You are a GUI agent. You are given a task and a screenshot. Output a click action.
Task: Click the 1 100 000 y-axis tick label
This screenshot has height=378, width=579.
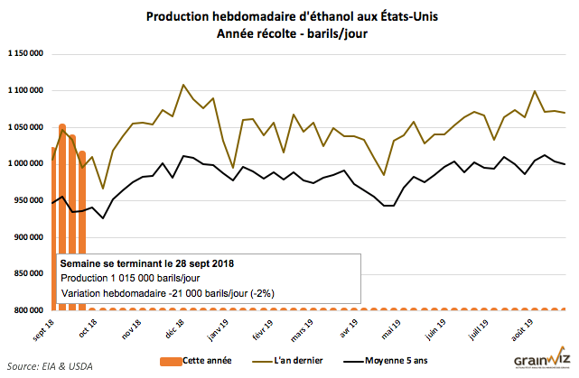(x=25, y=91)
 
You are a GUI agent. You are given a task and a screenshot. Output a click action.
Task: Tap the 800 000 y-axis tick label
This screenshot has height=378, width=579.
(x=29, y=310)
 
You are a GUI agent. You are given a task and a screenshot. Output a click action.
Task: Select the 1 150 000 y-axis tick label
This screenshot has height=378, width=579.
(x=25, y=54)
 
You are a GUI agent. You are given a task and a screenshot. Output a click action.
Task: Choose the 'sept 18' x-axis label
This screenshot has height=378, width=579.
(x=45, y=327)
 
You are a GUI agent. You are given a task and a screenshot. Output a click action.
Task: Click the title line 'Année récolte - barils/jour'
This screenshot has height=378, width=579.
(x=289, y=33)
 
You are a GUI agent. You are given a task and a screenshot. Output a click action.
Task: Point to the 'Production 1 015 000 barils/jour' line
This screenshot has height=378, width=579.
(x=129, y=278)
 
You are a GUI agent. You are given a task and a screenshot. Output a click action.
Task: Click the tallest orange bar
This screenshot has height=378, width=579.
(x=62, y=217)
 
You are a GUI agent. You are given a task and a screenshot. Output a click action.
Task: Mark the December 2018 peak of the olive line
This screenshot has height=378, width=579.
(x=184, y=85)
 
